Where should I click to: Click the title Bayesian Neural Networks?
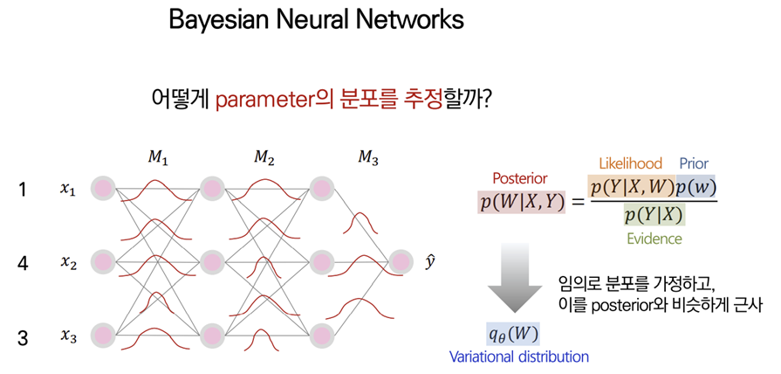point(316,20)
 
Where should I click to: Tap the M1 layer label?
point(158,160)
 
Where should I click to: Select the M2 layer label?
point(264,159)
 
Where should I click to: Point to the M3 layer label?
point(368,159)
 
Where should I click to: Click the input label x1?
point(69,188)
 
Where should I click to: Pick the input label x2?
point(69,261)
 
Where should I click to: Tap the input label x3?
point(69,335)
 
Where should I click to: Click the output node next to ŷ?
point(401,261)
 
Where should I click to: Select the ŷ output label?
point(430,260)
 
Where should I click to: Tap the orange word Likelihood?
point(630,163)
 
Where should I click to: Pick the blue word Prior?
point(694,163)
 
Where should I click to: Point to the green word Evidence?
point(654,238)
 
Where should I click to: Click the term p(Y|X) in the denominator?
point(654,215)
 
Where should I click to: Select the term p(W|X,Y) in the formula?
point(522,202)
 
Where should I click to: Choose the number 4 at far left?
point(23,261)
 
